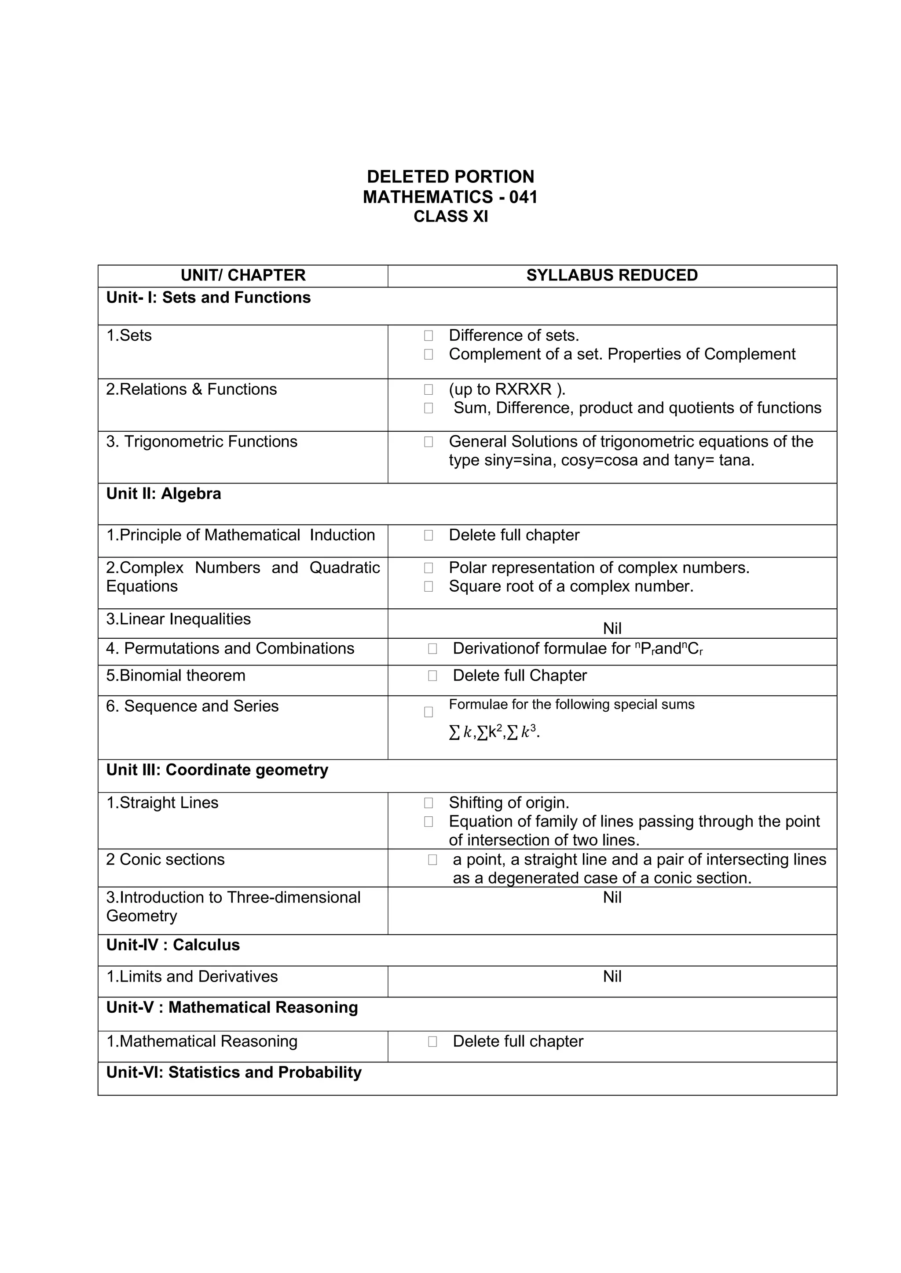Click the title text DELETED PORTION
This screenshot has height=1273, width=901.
click(450, 177)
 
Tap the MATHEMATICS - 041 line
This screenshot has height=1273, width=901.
click(450, 197)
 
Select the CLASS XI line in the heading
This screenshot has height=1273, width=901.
click(450, 216)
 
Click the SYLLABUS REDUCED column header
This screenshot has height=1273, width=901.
click(612, 276)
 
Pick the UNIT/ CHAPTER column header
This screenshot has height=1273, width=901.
click(243, 276)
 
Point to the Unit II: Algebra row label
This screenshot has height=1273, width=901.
click(164, 494)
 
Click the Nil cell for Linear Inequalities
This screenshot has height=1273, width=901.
click(612, 628)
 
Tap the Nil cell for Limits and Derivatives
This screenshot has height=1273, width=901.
click(612, 976)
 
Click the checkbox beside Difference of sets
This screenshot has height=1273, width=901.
click(429, 335)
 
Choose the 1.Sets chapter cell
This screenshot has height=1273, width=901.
click(129, 335)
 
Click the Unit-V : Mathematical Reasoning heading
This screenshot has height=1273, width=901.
click(232, 1007)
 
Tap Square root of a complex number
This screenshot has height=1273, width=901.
click(571, 586)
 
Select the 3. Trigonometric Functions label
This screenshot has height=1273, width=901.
click(201, 441)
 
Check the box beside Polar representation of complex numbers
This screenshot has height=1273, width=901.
click(429, 568)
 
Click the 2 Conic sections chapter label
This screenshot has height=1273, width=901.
click(165, 859)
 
